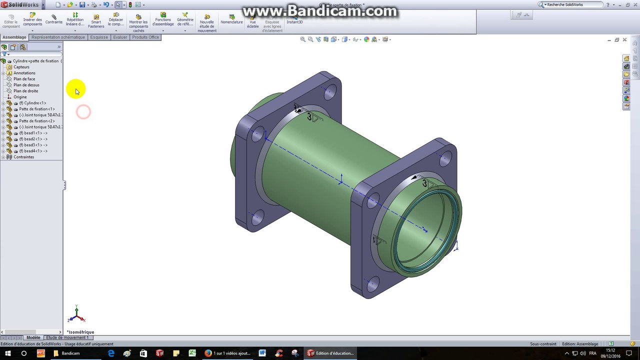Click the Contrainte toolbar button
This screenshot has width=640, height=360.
click(54, 20)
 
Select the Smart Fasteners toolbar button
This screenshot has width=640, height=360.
click(96, 21)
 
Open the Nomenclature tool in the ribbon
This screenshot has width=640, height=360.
click(231, 20)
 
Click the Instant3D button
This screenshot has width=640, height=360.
click(294, 20)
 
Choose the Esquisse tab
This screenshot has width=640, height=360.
click(99, 37)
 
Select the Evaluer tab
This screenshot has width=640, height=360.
click(120, 37)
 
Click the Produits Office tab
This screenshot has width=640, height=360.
click(145, 37)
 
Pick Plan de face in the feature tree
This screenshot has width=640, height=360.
click(24, 79)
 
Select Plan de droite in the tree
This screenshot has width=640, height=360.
click(25, 91)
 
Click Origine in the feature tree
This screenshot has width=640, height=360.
click(20, 97)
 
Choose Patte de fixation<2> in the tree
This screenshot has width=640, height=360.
click(36, 121)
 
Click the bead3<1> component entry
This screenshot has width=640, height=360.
click(33, 145)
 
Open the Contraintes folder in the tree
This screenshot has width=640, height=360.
click(23, 157)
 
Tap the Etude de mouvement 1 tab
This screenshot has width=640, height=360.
click(67, 337)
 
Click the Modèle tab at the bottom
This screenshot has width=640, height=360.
click(33, 337)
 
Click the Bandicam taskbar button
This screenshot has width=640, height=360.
click(70, 353)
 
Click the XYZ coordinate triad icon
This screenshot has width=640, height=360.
click(76, 314)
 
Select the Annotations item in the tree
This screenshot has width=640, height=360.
click(24, 73)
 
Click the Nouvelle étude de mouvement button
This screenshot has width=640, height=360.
click(207, 23)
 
